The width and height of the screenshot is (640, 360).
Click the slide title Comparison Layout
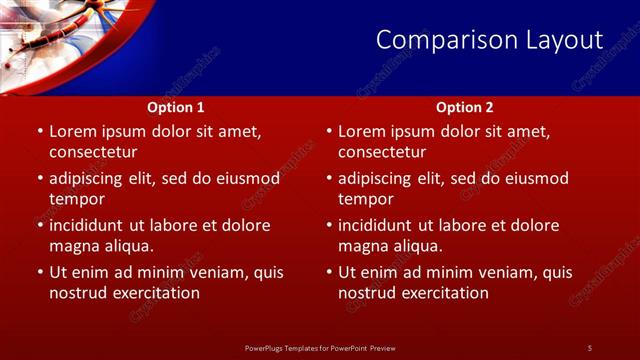(489, 40)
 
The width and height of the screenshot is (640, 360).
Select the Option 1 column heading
(176, 107)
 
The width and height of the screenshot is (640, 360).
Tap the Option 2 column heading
(465, 107)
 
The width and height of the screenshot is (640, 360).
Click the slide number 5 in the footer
(589, 348)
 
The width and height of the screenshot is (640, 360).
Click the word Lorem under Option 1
(72, 131)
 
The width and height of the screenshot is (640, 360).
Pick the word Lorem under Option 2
(361, 131)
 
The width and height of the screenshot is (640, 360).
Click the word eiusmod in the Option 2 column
(535, 178)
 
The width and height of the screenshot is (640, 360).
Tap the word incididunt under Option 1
(93, 225)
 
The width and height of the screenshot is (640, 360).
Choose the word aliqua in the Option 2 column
(420, 246)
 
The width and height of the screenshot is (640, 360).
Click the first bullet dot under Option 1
(39, 131)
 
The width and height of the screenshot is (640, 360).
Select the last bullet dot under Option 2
(328, 272)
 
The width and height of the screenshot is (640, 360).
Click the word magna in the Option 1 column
(73, 246)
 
